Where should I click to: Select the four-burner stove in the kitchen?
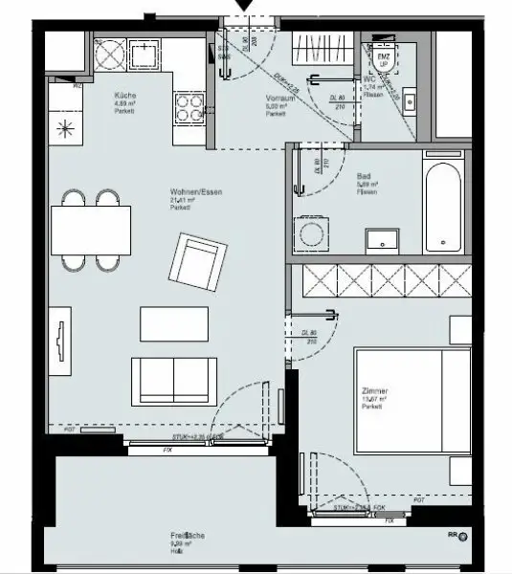pyautogui.click(x=188, y=107)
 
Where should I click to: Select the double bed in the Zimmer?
pyautogui.click(x=412, y=402)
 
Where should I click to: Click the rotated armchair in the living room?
pyautogui.click(x=198, y=263)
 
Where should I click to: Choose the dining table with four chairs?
pyautogui.click(x=90, y=231)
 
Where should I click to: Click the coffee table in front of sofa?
pyautogui.click(x=174, y=322)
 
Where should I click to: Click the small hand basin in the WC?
pyautogui.click(x=409, y=99)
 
